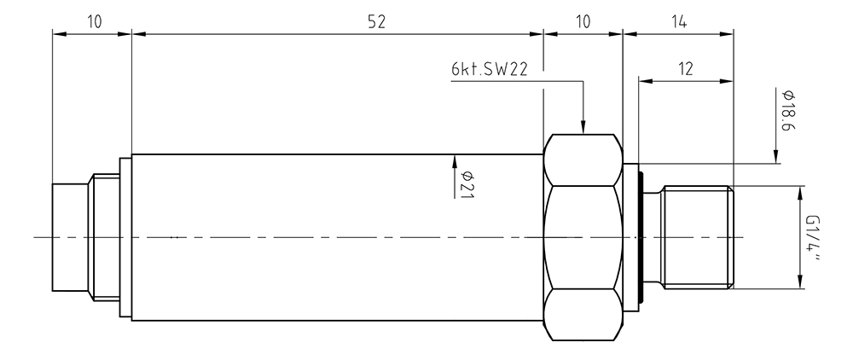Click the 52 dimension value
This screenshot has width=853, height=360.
coord(376,21)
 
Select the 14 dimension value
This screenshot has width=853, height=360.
coord(678,21)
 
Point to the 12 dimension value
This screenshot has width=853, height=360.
coord(686,69)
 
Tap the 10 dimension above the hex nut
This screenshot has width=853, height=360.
coord(583,21)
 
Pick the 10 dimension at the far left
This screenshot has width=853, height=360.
coord(94,21)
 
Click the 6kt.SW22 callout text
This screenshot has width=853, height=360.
coord(489,70)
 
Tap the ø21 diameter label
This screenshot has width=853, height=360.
coord(467,184)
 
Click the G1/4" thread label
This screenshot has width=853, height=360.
coord(815,237)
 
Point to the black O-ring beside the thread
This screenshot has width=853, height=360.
coord(642,238)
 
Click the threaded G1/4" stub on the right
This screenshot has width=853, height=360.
coord(697,237)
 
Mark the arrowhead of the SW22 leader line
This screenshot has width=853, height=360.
coord(583,127)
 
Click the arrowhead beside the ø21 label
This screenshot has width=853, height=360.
coord(455,161)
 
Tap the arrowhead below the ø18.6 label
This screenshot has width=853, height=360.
coord(775,155)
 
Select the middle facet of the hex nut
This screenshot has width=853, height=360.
coord(583,238)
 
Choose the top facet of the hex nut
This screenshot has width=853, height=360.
coord(583,160)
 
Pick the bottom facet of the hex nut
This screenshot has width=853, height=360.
coord(583,315)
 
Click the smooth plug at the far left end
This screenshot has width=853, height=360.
coord(71,237)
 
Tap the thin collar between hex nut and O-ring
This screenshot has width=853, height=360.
coord(631,238)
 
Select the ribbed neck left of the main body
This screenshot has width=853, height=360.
coord(106,237)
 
